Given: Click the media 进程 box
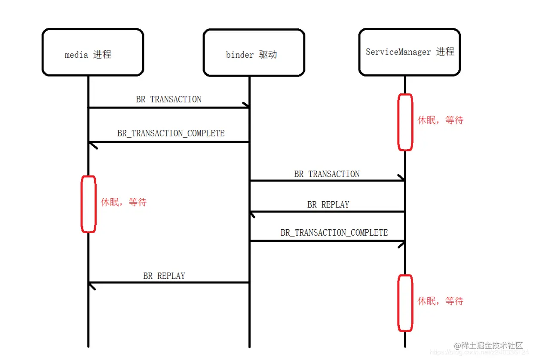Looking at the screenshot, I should [92, 52].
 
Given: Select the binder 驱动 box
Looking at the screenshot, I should [254, 52].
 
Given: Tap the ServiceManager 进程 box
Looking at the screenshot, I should [409, 52].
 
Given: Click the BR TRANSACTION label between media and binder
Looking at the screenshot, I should [168, 99].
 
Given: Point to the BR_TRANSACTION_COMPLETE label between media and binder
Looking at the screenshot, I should [171, 133].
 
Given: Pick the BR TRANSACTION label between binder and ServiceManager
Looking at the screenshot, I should [327, 174].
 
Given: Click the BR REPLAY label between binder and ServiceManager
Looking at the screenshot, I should [328, 205].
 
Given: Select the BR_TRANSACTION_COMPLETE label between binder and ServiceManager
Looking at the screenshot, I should [334, 233].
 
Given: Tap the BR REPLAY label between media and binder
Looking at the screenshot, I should [164, 276].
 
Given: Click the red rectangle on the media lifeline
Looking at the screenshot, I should [89, 204].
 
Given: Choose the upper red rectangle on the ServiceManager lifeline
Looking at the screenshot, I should [405, 122].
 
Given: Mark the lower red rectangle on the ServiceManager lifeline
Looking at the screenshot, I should [405, 303].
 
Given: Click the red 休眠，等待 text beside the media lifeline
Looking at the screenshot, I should [124, 202].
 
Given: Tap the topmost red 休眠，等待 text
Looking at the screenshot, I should [441, 120].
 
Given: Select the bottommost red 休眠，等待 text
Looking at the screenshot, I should [441, 301].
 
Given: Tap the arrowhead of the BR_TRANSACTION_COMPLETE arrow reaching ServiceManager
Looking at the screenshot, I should [402, 243].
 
